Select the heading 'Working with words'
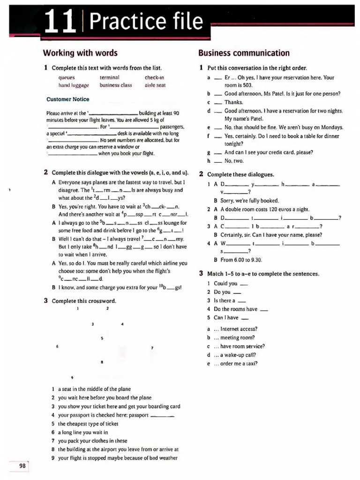pyautogui.click(x=80, y=53)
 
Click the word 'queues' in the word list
pyautogui.click(x=67, y=77)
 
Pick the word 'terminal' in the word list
pyautogui.click(x=110, y=77)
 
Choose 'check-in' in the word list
pyautogui.click(x=155, y=77)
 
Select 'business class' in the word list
pyautogui.click(x=116, y=85)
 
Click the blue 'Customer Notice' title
pyautogui.click(x=67, y=99)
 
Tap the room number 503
pyautogui.click(x=247, y=85)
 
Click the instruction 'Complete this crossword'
pyautogui.click(x=84, y=300)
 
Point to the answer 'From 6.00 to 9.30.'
pyautogui.click(x=238, y=260)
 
